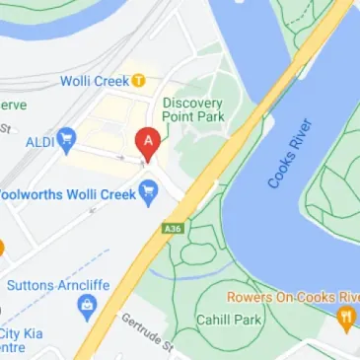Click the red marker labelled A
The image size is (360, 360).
point(148,143)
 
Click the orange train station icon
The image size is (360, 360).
point(140,80)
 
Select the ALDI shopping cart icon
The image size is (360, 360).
point(66,135)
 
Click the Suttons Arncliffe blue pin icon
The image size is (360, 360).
point(85,314)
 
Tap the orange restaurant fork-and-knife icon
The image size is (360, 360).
point(345,318)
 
